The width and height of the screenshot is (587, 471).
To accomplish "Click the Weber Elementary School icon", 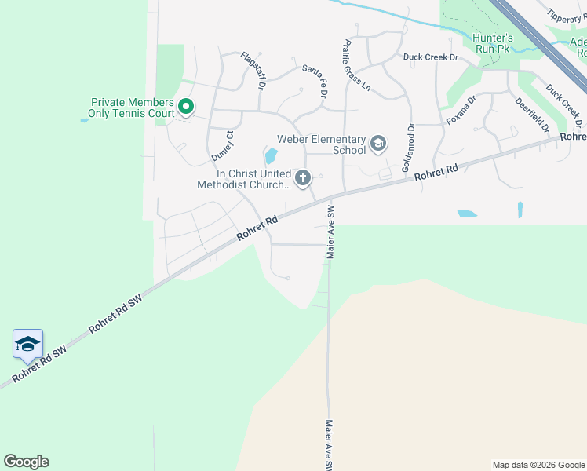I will (x=378, y=143).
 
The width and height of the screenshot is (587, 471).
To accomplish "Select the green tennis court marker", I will (x=186, y=106).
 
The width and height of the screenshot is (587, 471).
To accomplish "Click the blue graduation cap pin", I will (x=27, y=344).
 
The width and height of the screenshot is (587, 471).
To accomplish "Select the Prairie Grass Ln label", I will (x=357, y=65).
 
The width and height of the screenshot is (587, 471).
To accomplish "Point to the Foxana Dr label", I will (x=461, y=111).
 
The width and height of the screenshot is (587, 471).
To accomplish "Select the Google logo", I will (x=26, y=462).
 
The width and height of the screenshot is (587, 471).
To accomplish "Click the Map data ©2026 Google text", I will (x=538, y=465).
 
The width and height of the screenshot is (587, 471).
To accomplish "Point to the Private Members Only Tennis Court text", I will (x=132, y=108).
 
